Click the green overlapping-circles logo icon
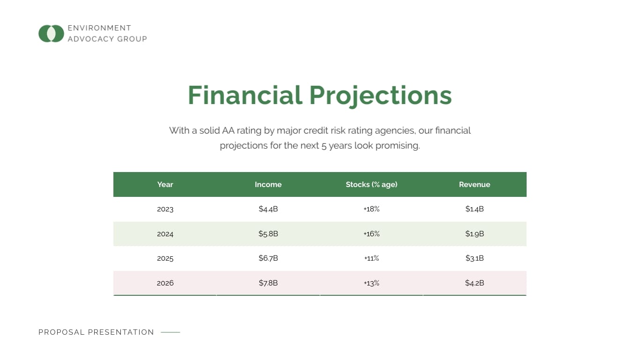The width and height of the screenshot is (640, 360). click(51, 34)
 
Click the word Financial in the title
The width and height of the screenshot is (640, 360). click(245, 95)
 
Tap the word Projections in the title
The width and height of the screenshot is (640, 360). click(380, 96)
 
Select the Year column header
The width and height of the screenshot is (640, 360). click(165, 185)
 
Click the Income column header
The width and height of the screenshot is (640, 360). click(268, 185)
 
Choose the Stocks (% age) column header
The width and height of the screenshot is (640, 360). click(371, 185)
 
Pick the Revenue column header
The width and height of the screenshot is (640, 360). click(474, 185)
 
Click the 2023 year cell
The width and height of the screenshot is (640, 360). click(165, 209)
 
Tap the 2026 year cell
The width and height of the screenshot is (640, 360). click(165, 283)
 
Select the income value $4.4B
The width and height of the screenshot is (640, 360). click(268, 209)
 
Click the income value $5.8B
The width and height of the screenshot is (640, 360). click(268, 234)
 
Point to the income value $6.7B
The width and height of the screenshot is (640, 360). click(268, 258)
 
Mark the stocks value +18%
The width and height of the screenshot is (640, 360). click(371, 209)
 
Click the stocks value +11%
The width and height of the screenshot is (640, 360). click(371, 258)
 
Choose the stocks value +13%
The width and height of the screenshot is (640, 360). click(371, 283)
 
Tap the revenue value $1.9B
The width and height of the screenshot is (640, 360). click(474, 234)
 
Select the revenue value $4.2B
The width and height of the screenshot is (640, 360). click(474, 283)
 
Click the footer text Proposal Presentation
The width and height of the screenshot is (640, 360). click(96, 332)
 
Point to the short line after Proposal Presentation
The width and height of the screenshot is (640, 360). click(171, 332)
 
